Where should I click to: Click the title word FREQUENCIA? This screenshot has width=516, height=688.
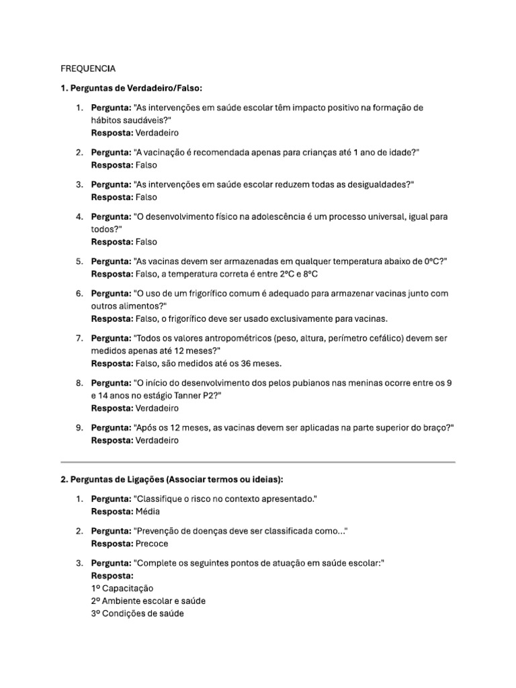coord(88,69)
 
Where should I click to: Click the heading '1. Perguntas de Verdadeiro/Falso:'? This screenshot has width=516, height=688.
coord(131,89)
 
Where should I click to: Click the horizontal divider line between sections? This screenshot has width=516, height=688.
coord(258,462)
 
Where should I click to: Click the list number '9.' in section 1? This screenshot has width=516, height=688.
coord(79,428)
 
